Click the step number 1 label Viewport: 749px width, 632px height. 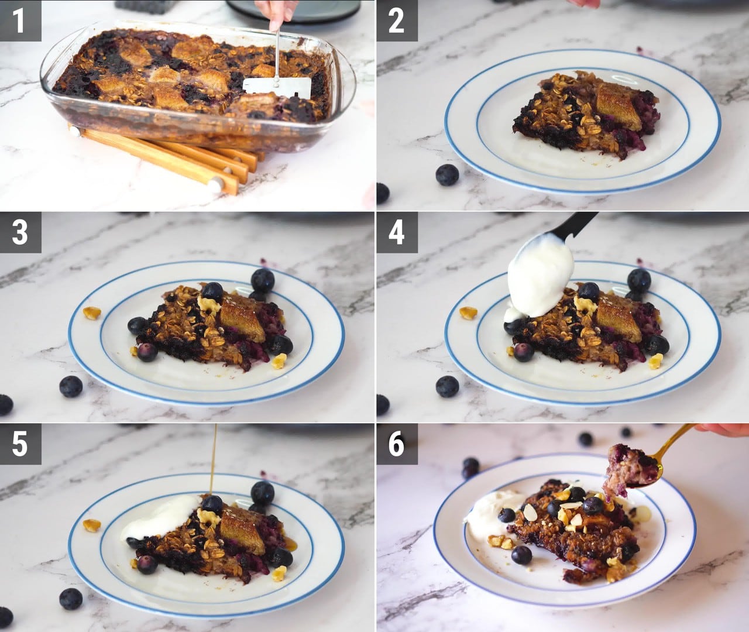click(x=20, y=21)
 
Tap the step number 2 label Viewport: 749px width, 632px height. click(x=397, y=21)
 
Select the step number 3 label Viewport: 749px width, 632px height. click(x=20, y=232)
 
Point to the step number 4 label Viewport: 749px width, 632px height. click(x=397, y=232)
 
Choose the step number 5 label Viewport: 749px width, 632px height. click(x=20, y=444)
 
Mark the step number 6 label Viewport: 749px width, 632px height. click(x=397, y=444)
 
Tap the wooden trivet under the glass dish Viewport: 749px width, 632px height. click(x=169, y=158)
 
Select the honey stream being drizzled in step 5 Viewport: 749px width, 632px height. click(x=214, y=460)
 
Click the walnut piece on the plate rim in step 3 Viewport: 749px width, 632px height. click(x=92, y=312)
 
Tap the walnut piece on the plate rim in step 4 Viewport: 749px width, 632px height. click(x=468, y=312)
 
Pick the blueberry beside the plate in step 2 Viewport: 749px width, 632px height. click(x=447, y=175)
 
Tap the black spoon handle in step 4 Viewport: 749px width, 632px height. click(x=574, y=226)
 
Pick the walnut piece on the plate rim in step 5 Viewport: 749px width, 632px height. click(x=92, y=525)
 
